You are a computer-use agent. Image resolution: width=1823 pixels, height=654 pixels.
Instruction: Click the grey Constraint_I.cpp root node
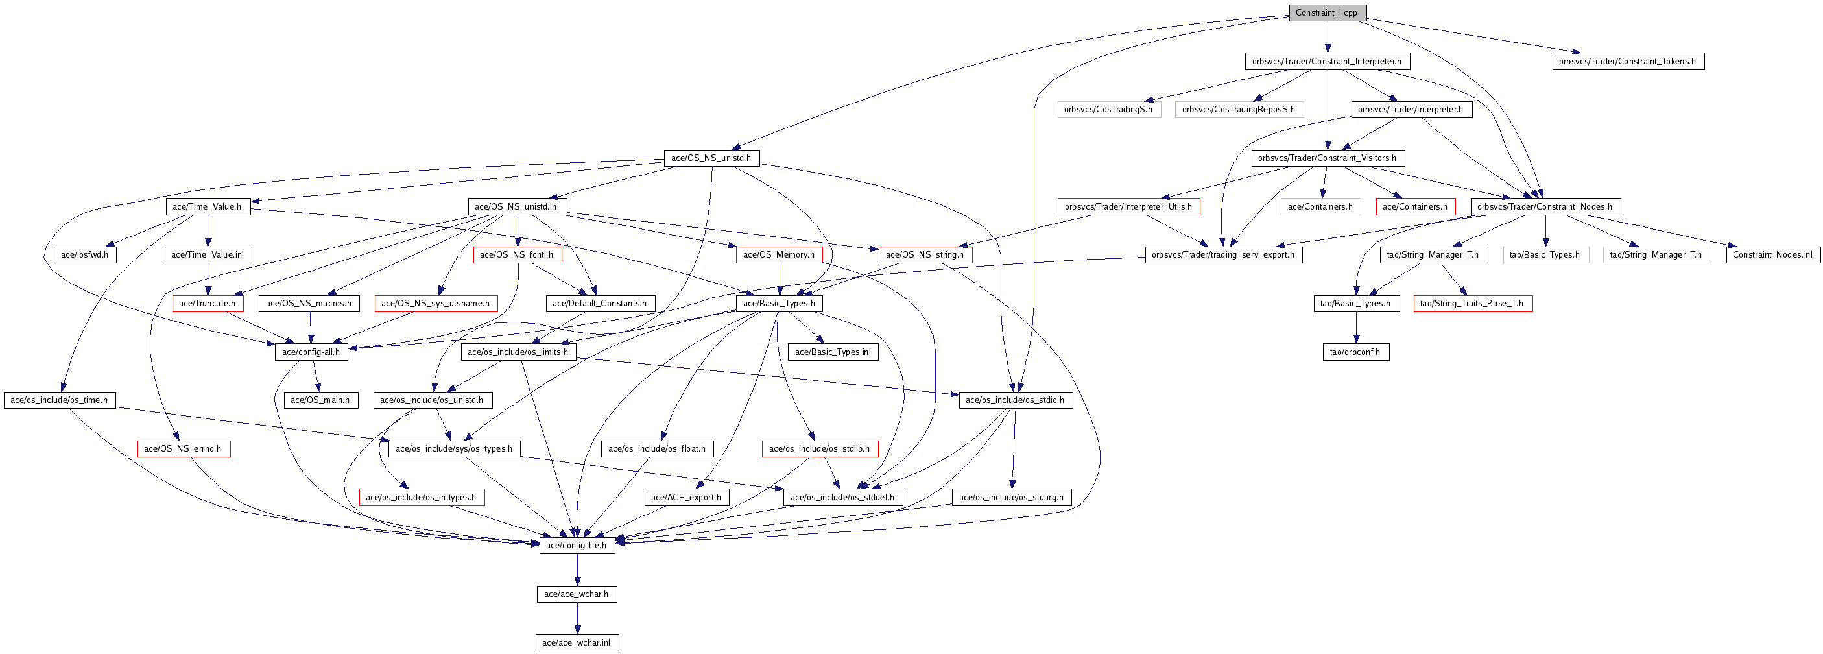pos(1327,13)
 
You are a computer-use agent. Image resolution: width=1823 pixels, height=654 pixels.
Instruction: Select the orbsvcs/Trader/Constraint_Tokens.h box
pos(1628,62)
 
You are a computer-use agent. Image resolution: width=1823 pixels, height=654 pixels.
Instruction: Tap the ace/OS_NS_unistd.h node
pos(711,158)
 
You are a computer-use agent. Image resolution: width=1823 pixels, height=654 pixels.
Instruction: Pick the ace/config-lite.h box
pos(577,546)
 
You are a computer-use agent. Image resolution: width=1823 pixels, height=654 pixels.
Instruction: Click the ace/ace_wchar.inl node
pos(577,643)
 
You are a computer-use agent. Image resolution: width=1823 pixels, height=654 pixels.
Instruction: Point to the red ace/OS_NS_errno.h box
pos(184,449)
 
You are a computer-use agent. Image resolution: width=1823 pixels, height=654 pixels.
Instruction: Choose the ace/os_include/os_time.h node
pos(60,400)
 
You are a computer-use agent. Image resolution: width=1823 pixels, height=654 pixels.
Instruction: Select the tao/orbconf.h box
pos(1355,352)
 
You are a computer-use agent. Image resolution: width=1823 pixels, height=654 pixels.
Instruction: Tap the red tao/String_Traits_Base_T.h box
pos(1473,304)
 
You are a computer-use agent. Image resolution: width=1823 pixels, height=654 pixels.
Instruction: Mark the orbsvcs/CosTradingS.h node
pos(1109,110)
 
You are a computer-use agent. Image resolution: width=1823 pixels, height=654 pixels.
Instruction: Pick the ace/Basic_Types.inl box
pos(833,352)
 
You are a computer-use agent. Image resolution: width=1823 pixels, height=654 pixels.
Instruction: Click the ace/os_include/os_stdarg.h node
pos(1011,498)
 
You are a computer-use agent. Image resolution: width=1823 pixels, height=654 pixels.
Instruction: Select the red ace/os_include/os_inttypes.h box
pos(422,498)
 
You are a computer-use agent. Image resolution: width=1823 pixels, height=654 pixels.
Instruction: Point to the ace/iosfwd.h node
pos(85,255)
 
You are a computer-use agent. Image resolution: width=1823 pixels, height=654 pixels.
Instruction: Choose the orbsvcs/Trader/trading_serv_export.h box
pos(1224,255)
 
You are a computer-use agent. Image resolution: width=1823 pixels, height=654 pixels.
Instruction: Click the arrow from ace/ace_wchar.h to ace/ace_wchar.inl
pos(577,618)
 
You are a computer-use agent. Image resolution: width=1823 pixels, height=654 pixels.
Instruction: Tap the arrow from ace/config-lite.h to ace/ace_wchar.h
pos(577,570)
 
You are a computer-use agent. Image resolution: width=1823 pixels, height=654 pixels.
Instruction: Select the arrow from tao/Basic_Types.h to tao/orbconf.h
pos(1356,328)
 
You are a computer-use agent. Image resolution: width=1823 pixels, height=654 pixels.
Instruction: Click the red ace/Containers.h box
pos(1415,207)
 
